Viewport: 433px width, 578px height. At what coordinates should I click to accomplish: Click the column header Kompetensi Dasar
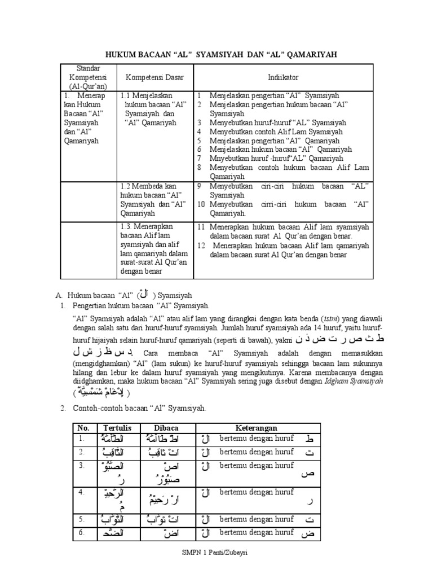click(x=151, y=76)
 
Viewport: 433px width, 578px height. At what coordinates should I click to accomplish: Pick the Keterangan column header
click(x=257, y=428)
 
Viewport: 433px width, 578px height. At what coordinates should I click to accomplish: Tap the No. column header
click(x=84, y=428)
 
